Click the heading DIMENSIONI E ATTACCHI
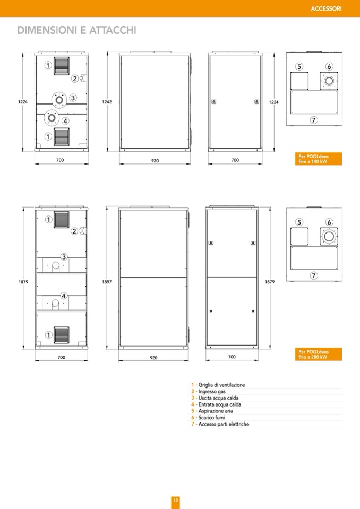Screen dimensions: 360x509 tap(76, 30)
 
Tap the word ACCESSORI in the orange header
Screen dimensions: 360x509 tap(326, 9)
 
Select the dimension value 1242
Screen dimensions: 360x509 tap(107, 102)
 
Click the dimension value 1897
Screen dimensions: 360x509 tap(107, 282)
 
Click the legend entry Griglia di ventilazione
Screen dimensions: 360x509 tap(222, 385)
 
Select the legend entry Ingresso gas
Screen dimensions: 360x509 tap(212, 392)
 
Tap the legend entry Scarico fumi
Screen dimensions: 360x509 tap(212, 418)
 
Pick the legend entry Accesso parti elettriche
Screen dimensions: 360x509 tap(224, 424)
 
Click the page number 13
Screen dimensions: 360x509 tap(175, 500)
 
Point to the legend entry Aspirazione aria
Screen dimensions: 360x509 tap(216, 411)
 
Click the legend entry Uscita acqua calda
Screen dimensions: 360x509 tap(218, 398)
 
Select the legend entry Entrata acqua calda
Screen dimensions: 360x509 tap(220, 404)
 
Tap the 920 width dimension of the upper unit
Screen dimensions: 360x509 tap(155, 161)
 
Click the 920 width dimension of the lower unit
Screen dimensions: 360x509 tap(153, 358)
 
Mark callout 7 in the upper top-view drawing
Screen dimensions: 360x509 tap(314, 120)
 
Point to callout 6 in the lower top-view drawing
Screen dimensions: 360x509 tap(329, 222)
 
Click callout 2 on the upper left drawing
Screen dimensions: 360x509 tap(75, 79)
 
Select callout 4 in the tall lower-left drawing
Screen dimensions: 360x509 tap(64, 296)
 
